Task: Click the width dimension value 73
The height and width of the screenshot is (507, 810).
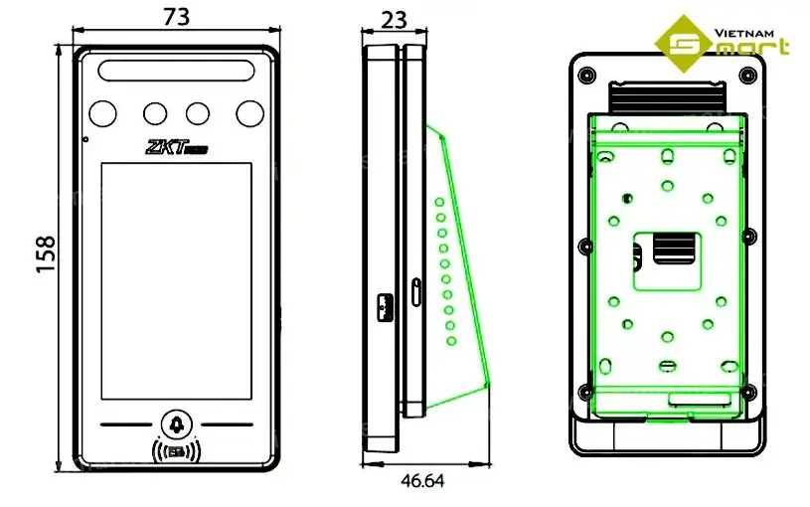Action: (x=175, y=17)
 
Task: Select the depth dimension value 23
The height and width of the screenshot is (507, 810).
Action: (x=395, y=18)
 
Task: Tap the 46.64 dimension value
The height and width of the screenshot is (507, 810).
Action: (x=422, y=481)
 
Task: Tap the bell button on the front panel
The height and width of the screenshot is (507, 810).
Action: (x=177, y=425)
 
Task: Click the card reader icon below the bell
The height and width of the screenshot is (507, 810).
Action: (x=177, y=452)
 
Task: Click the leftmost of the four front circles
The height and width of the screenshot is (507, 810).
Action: (x=105, y=113)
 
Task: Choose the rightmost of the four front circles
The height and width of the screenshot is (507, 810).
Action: (x=247, y=113)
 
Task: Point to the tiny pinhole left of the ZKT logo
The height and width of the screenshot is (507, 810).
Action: (x=85, y=139)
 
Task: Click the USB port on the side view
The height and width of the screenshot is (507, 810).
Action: (x=385, y=306)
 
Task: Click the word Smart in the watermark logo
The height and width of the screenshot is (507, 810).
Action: (x=730, y=46)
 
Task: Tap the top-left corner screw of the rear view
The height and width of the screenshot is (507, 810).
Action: (x=584, y=74)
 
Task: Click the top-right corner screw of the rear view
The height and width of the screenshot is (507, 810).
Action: (x=749, y=74)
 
